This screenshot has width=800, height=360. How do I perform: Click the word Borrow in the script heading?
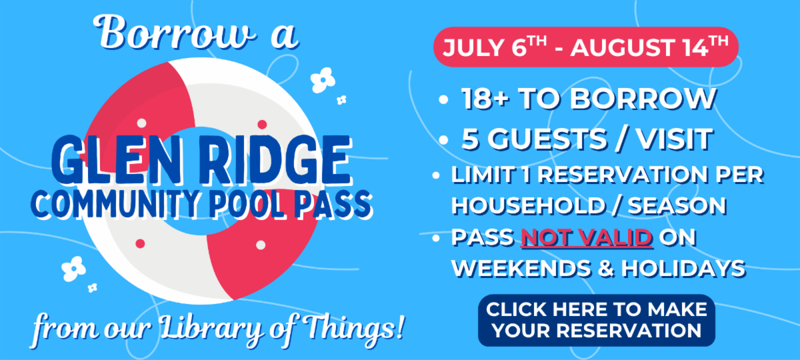tap(174, 33)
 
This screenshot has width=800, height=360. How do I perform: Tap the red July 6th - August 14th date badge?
tap(586, 47)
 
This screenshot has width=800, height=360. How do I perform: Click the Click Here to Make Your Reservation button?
tap(597, 320)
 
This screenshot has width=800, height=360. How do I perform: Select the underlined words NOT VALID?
tap(587, 237)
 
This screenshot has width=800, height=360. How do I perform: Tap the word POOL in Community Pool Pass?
tap(247, 204)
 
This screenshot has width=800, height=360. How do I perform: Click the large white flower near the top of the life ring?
tap(323, 80)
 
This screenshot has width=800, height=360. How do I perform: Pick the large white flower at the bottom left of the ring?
tap(73, 269)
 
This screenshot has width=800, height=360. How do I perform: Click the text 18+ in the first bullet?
tap(486, 98)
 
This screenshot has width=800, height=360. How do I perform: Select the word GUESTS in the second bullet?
tap(547, 139)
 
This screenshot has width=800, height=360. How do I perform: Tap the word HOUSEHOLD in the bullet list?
tap(527, 206)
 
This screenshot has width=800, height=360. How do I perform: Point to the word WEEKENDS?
tap(521, 268)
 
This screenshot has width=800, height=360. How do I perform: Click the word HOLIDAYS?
tap(683, 268)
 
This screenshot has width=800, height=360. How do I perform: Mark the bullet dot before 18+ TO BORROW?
tap(443, 99)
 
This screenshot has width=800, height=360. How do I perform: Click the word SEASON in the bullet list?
tap(677, 206)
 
